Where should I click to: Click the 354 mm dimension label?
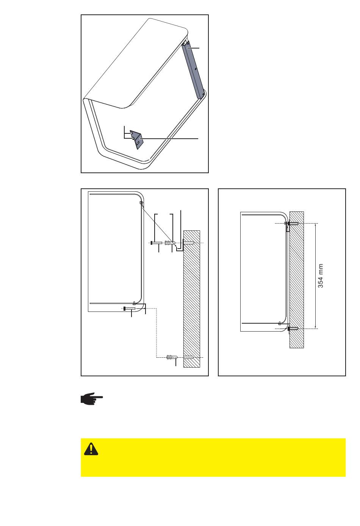point(321,276)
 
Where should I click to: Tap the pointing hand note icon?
point(92,399)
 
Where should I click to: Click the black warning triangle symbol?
point(91,449)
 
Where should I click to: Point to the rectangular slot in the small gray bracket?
point(137,143)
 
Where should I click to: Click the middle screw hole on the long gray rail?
point(196,69)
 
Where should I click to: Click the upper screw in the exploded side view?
point(156,243)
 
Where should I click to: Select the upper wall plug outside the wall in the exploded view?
point(170,243)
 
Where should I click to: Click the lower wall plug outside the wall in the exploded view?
point(172,357)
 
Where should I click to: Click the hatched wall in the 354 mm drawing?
point(297,280)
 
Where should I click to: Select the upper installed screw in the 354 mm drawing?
point(293,223)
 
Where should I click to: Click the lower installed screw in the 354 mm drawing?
point(293,329)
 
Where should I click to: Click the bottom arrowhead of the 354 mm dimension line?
point(315,327)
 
